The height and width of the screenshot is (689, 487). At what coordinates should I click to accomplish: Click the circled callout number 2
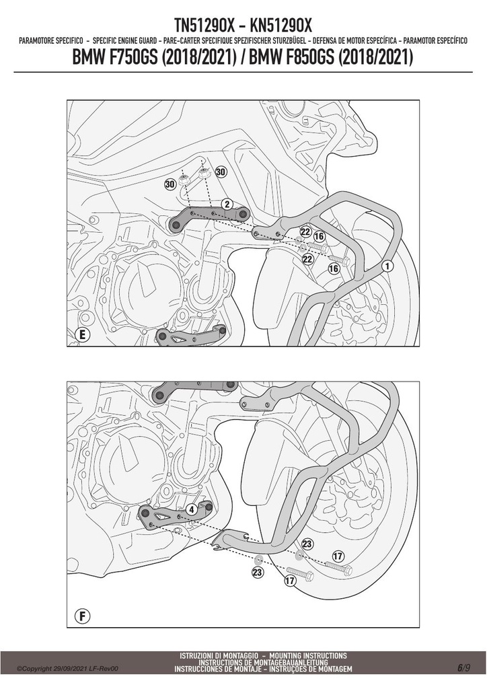click(227, 204)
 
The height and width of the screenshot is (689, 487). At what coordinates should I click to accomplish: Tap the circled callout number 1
click(387, 265)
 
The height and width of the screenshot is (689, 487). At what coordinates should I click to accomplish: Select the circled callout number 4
click(192, 510)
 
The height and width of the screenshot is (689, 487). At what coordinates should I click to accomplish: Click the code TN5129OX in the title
click(205, 26)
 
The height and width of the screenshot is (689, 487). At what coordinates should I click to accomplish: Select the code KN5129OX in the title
click(280, 26)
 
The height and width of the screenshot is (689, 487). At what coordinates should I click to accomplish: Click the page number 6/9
click(463, 668)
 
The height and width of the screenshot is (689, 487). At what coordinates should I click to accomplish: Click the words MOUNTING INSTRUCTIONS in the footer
click(308, 656)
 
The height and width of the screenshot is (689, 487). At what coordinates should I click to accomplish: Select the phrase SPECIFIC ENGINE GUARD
click(124, 41)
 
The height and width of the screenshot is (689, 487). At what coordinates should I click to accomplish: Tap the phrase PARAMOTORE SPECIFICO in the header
click(51, 41)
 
